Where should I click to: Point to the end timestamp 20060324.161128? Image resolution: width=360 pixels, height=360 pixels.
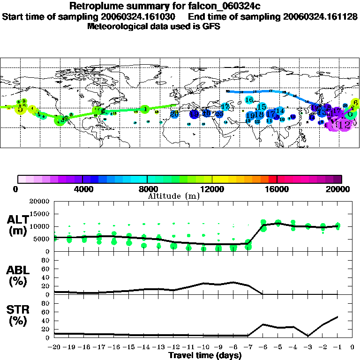click(x=320, y=16)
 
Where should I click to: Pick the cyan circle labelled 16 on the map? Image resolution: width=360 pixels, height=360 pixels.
click(x=249, y=100)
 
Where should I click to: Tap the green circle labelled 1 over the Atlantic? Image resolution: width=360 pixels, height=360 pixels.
click(x=145, y=109)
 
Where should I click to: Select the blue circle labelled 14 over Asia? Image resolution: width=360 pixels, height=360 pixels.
click(x=279, y=111)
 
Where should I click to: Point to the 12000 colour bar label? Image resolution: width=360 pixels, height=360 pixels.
click(x=212, y=189)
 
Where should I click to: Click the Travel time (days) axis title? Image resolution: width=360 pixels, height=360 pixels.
click(x=205, y=356)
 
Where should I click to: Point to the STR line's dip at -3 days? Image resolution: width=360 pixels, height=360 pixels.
click(x=308, y=336)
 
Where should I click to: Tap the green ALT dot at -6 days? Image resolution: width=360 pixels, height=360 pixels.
click(x=263, y=223)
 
